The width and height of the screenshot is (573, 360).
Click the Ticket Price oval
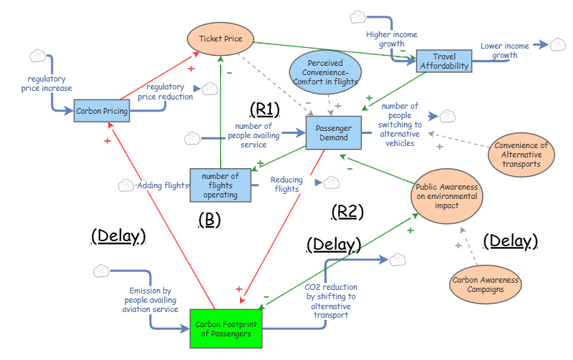coord(219,39)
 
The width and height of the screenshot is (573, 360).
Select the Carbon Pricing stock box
coord(102,111)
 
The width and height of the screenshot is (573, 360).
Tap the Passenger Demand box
coord(333,133)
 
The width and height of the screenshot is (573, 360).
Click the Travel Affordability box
coord(444,61)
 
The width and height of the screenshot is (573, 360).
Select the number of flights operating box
coord(221,185)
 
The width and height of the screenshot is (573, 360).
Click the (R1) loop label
coord(264,108)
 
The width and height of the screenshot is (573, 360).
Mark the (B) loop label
coord(208,220)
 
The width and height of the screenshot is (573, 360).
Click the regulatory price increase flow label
coord(49,84)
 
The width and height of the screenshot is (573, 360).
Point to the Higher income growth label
coord(391,39)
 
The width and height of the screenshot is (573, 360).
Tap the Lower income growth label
coord(504,51)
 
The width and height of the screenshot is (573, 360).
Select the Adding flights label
coord(163,185)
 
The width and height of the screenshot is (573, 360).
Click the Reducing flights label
coord(286,185)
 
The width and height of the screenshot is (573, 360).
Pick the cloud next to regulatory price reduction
coord(210,89)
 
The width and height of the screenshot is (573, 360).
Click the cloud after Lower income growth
coord(558,45)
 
